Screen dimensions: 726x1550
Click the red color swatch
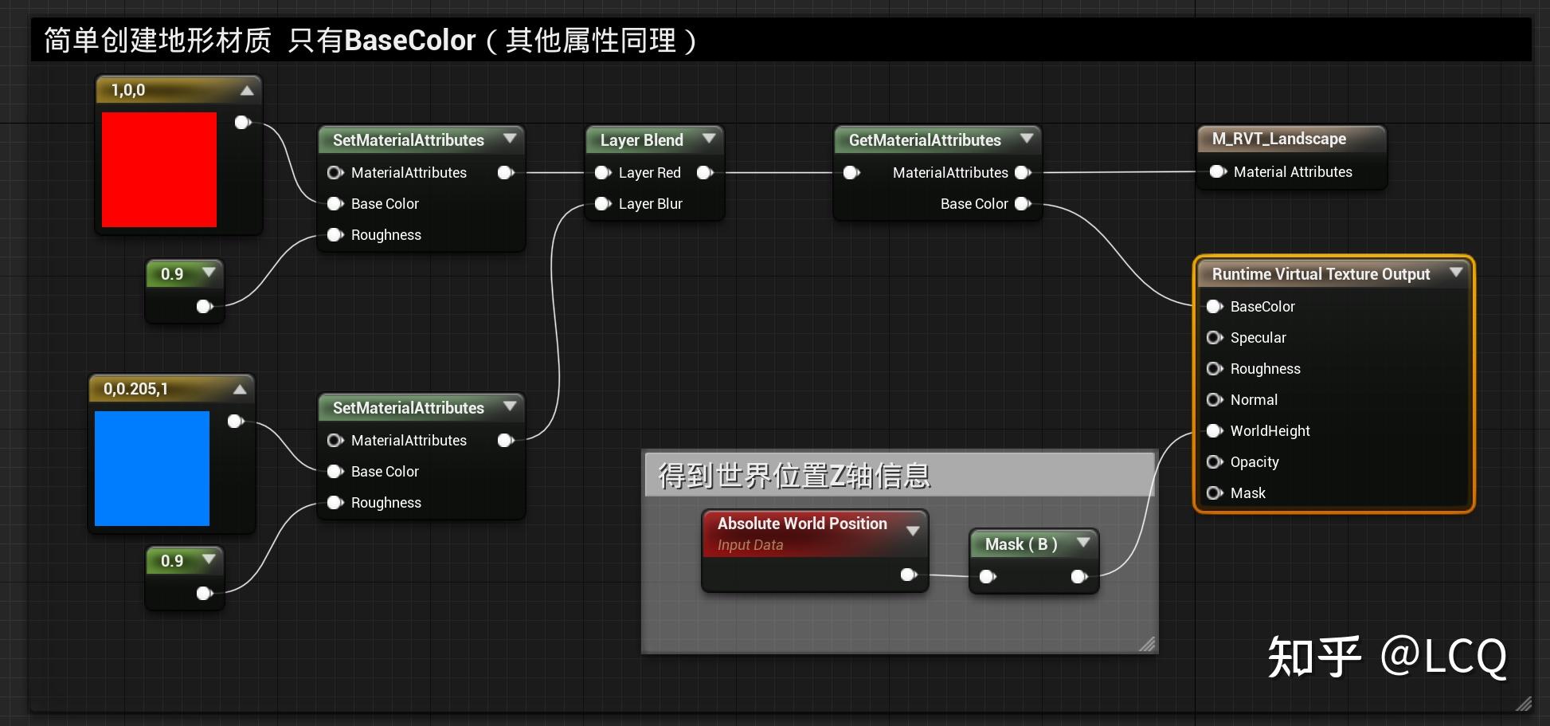click(x=159, y=170)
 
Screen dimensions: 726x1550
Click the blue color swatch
click(x=152, y=469)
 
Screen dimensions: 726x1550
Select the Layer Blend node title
click(x=641, y=140)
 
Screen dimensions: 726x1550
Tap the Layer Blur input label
click(x=650, y=204)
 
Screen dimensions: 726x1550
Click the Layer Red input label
click(x=649, y=173)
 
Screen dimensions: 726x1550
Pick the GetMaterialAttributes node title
click(x=924, y=140)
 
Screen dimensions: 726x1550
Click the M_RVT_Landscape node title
click(x=1278, y=139)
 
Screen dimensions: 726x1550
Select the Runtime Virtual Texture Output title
click(x=1321, y=274)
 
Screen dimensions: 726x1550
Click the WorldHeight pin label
click(x=1270, y=431)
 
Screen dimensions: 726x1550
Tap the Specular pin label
click(x=1258, y=338)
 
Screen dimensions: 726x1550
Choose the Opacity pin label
click(x=1254, y=462)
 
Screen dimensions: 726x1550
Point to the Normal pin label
click(x=1254, y=400)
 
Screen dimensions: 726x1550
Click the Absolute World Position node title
click(x=801, y=524)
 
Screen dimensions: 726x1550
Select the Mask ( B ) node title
click(x=1020, y=544)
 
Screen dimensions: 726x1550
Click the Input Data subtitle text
click(x=750, y=545)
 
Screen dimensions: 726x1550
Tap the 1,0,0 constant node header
click(x=128, y=90)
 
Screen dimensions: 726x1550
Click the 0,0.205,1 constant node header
click(x=135, y=389)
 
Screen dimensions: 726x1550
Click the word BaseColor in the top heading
click(x=409, y=41)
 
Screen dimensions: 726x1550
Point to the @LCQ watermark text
click(x=1442, y=657)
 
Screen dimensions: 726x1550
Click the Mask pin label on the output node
click(x=1247, y=493)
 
